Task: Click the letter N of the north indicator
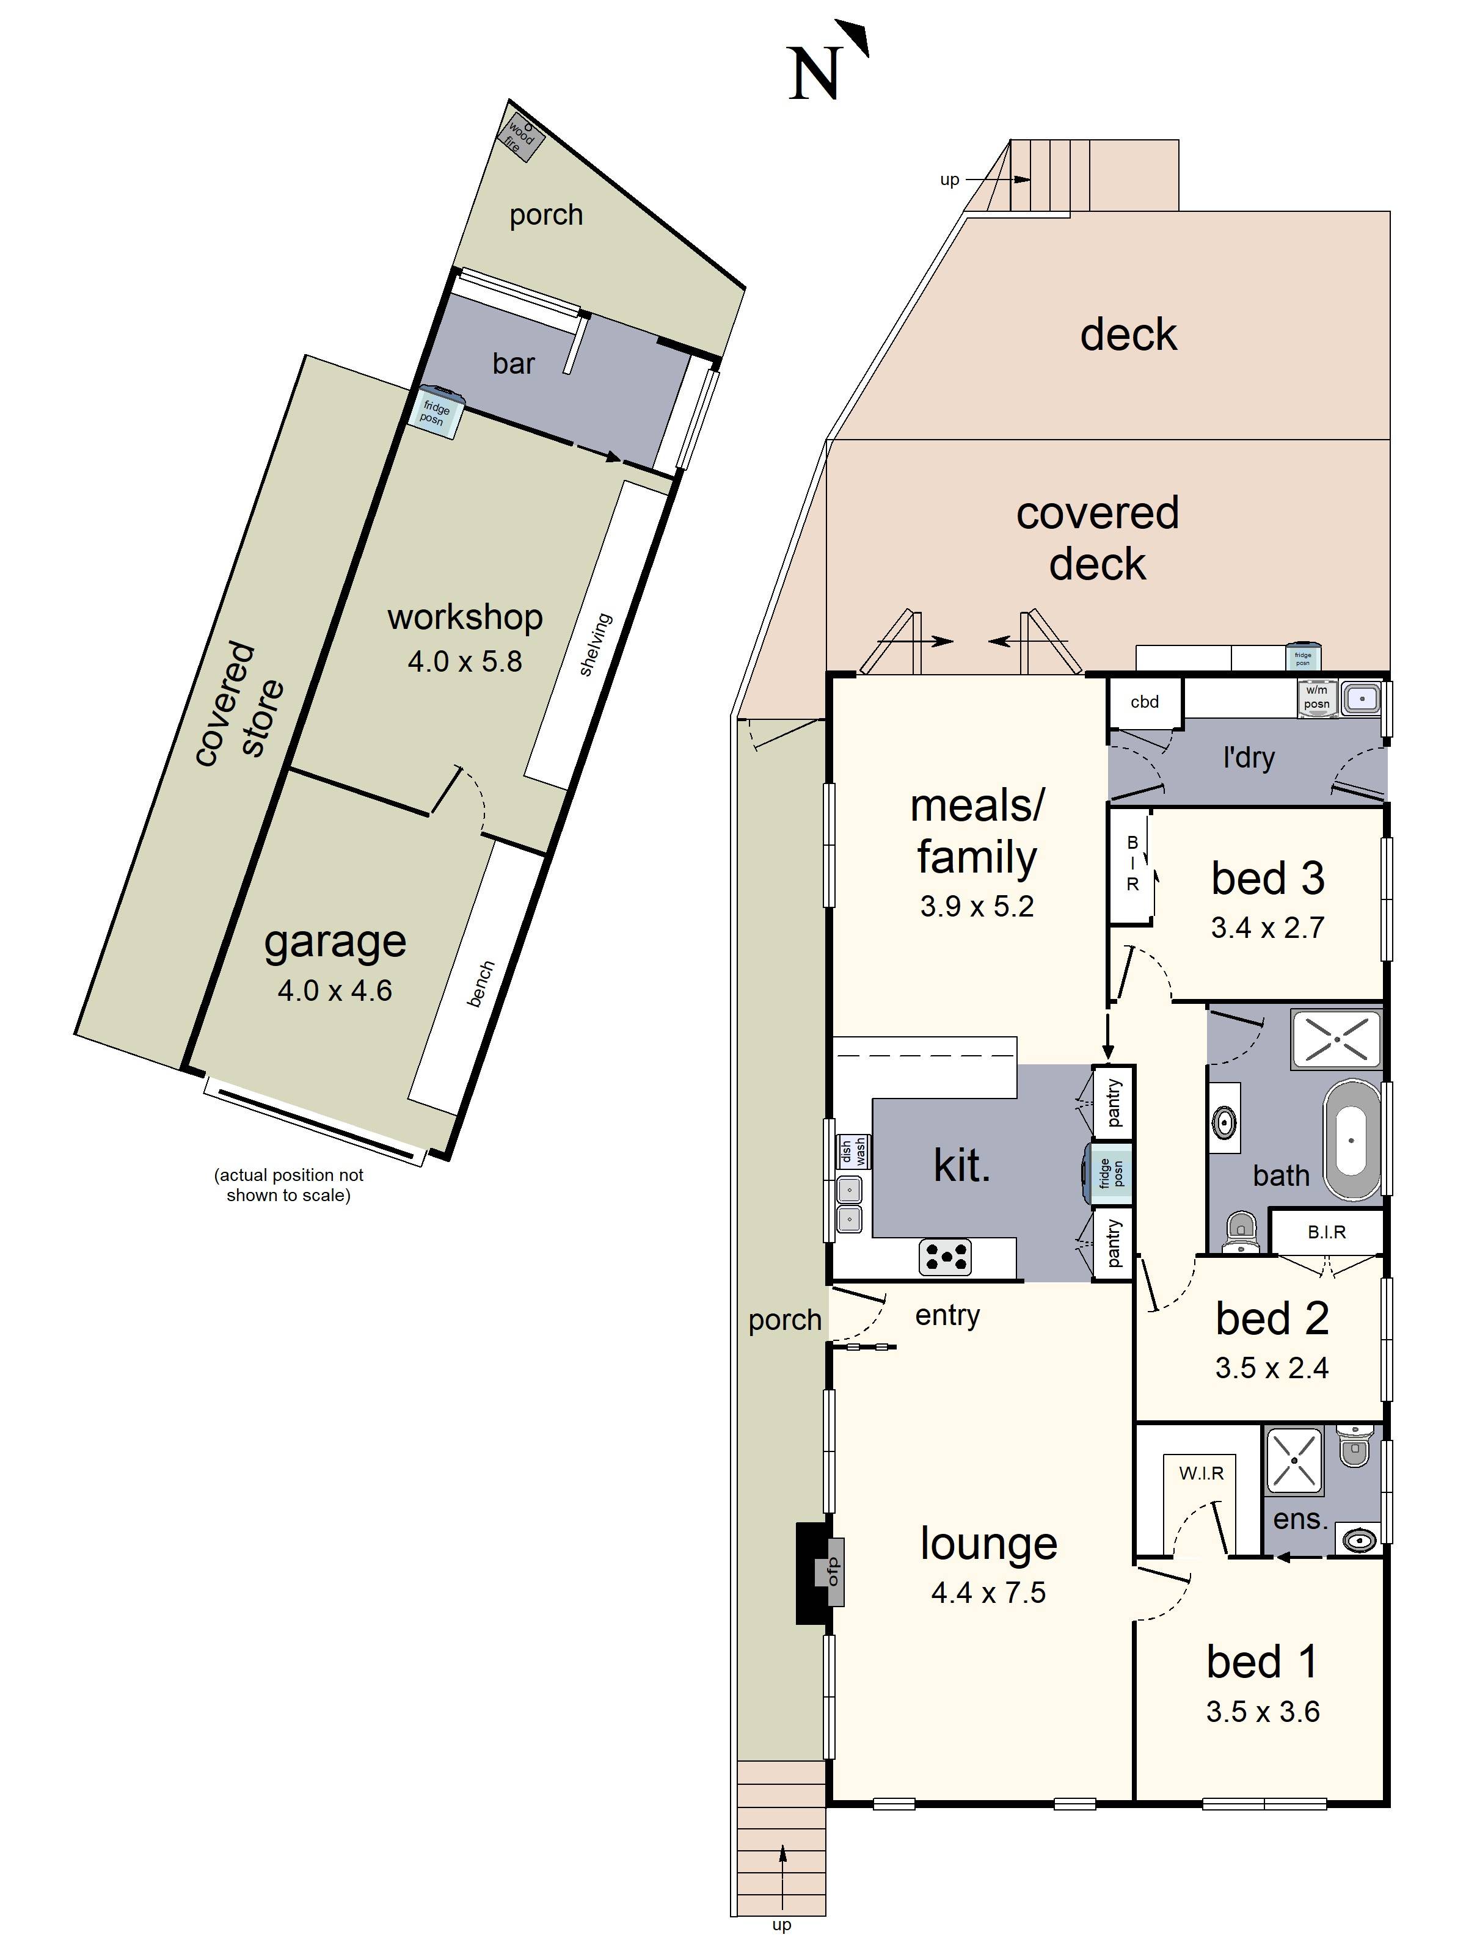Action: (812, 74)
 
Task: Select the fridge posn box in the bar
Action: (436, 413)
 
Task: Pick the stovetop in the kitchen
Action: (944, 1257)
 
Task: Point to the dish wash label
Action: (853, 1151)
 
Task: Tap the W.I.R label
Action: (1201, 1473)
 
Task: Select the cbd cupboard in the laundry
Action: (1144, 702)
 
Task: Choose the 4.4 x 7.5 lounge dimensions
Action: (988, 1593)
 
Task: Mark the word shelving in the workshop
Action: (595, 645)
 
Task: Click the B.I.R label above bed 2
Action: (1326, 1232)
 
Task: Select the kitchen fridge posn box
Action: (1110, 1174)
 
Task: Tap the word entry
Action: (946, 1315)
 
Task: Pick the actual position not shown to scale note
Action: (288, 1185)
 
